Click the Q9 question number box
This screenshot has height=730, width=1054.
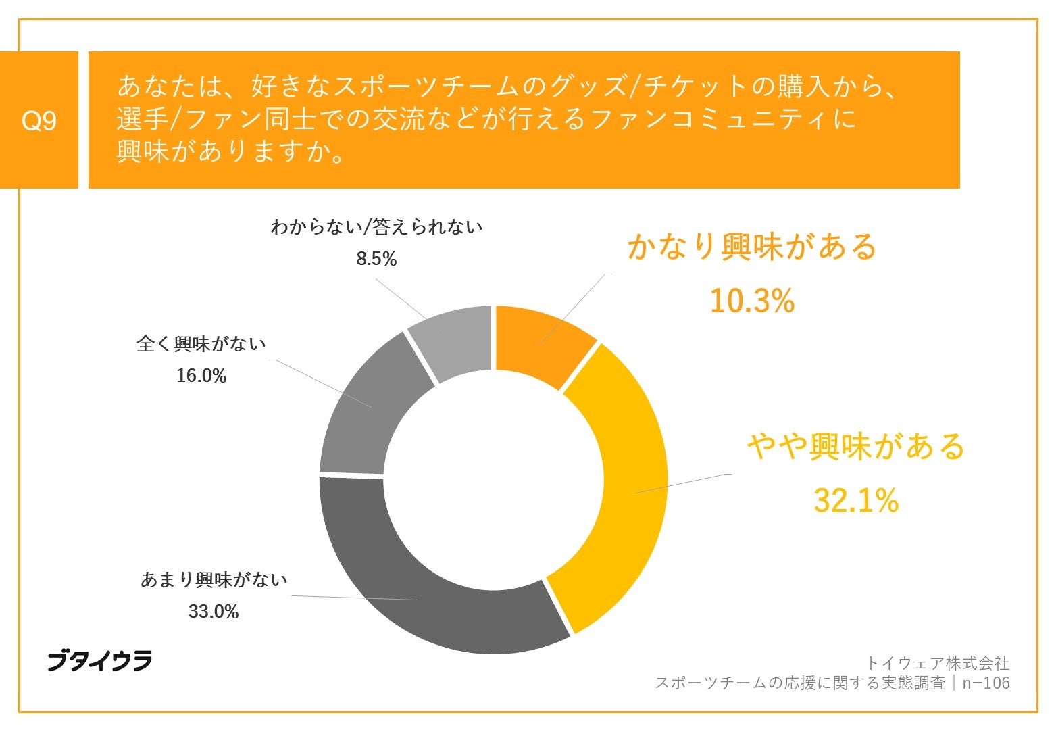pos(39,120)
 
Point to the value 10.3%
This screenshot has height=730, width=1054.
pos(751,300)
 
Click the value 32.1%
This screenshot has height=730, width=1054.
pos(855,501)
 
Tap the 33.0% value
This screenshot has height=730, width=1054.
pos(214,612)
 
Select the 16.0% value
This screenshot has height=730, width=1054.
pos(201,376)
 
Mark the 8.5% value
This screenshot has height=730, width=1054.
pos(376,259)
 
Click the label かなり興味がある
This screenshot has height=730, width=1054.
pos(751,247)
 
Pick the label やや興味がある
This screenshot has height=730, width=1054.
pos(855,447)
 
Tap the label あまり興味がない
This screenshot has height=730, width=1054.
pos(214,580)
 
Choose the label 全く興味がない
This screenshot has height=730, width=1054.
pos(201,344)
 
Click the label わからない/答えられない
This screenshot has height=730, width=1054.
pos(376,227)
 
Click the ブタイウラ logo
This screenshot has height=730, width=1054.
pos(99,661)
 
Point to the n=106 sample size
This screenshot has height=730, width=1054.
pos(986,683)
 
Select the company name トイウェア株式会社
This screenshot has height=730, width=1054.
pos(938,662)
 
